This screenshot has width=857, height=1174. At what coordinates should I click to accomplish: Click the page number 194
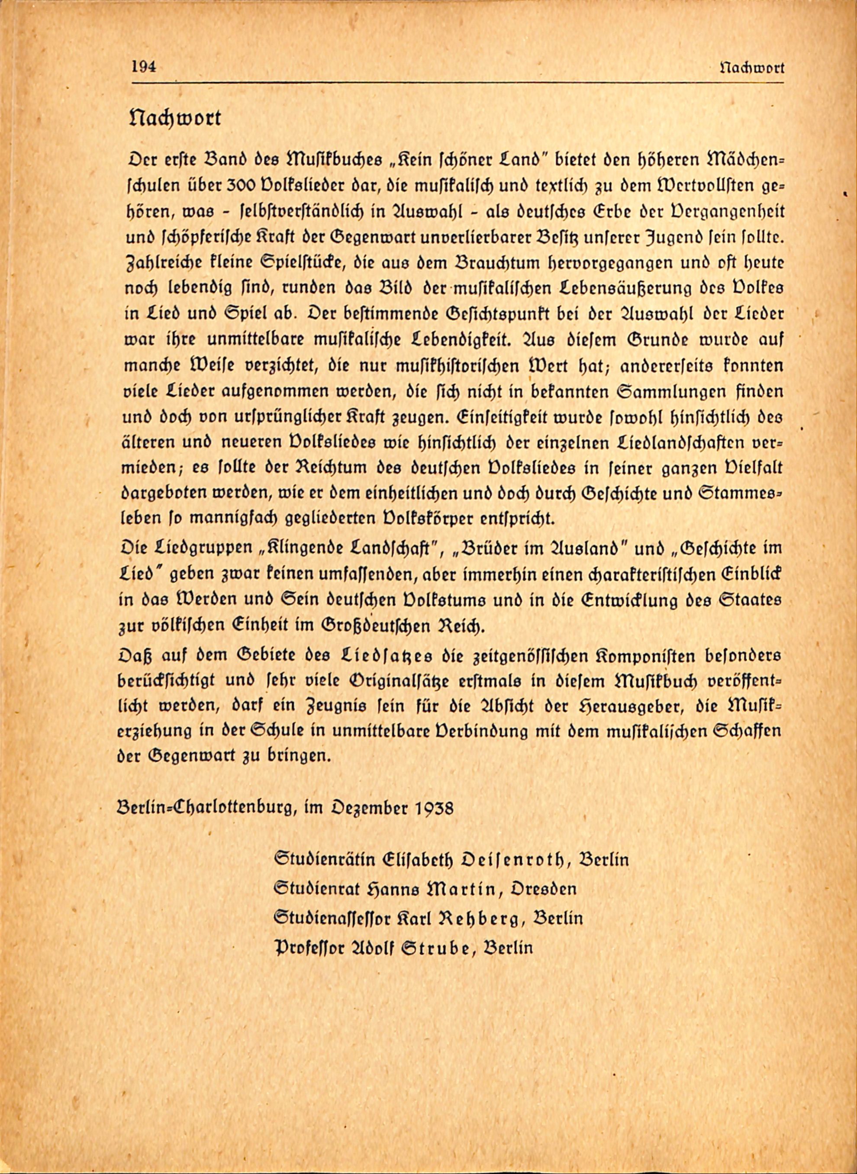point(144,67)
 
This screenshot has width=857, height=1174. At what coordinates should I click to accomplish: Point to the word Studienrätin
point(324,860)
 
